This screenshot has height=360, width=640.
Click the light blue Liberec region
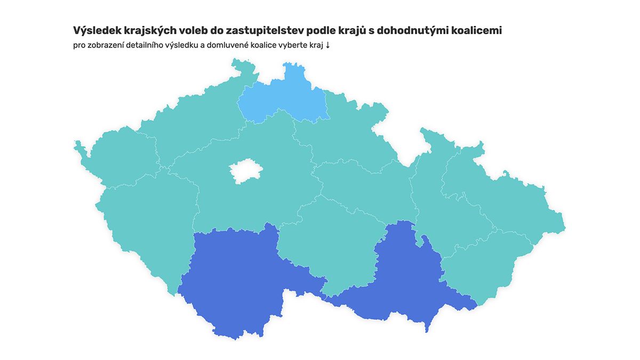283,99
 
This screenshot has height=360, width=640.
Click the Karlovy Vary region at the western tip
120,155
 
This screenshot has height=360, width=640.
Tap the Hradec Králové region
341,133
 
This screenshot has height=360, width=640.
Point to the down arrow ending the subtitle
327,45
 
